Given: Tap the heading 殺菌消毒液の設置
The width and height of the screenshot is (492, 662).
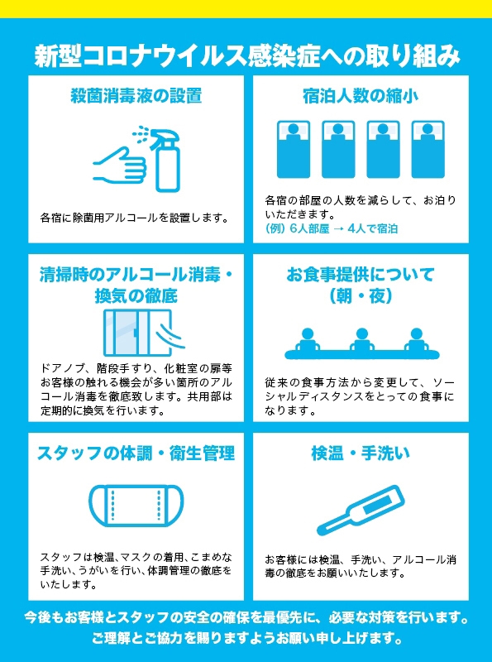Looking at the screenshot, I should (136, 96).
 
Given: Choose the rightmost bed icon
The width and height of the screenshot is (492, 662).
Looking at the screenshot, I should (428, 146).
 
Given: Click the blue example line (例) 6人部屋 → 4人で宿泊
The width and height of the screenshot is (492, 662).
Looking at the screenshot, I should (331, 228).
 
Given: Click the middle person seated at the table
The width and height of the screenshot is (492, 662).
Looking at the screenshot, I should (361, 341).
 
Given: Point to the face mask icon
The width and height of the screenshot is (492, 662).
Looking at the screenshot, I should (136, 505).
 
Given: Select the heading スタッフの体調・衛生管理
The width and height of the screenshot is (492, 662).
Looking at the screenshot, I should (136, 453).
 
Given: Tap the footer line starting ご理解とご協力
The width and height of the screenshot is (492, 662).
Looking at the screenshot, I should (246, 639).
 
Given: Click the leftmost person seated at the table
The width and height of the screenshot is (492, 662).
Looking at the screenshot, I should (307, 341).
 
